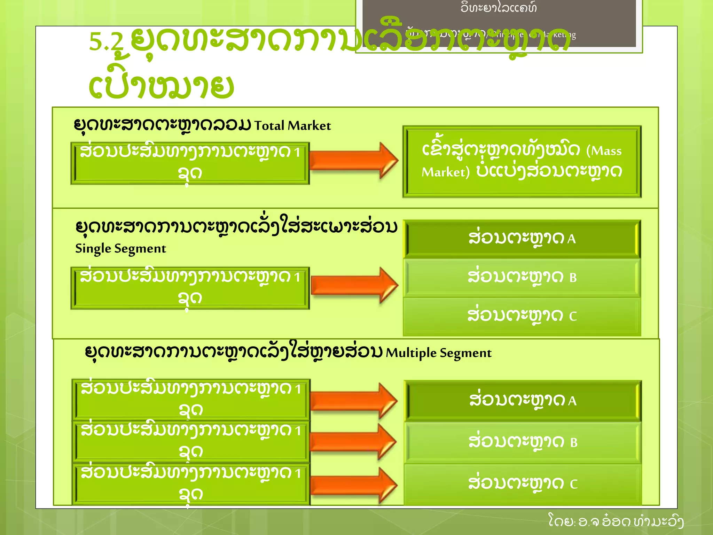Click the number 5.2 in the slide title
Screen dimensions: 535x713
click(106, 42)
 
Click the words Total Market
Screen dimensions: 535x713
click(292, 126)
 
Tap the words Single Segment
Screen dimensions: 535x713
click(120, 249)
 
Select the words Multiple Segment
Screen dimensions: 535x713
click(439, 353)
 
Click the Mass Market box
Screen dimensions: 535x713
click(522, 162)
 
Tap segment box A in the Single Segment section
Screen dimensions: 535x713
click(522, 239)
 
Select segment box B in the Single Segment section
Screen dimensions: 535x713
click(522, 277)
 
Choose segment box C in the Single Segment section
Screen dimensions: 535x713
click(522, 316)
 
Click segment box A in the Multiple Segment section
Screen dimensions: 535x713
click(523, 400)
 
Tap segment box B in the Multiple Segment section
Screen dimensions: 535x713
click(523, 442)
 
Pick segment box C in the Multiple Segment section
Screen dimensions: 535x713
click(523, 484)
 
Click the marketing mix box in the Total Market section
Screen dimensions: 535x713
click(190, 163)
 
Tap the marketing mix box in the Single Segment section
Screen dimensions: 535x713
click(190, 288)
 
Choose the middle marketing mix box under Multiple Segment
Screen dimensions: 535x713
click(191, 442)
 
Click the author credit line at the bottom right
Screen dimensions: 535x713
click(616, 521)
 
